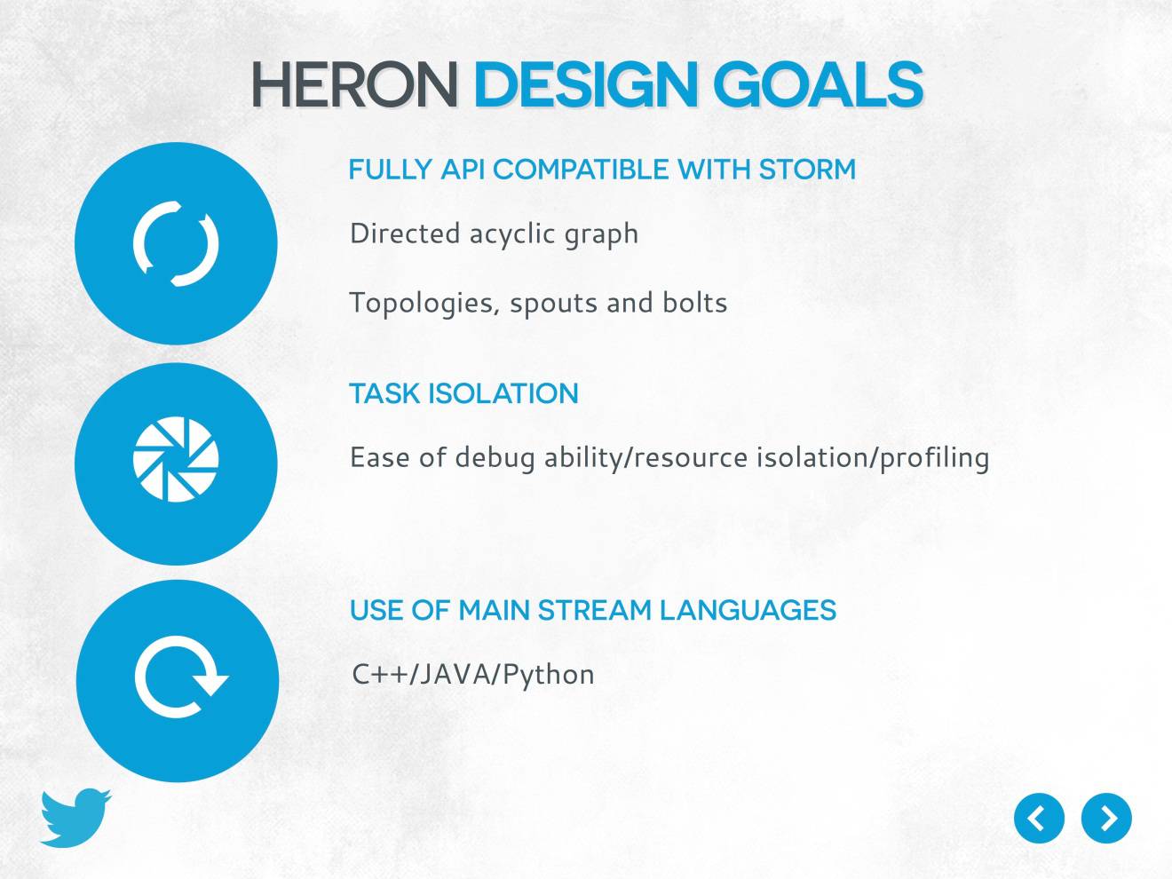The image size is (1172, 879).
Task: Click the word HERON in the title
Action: click(353, 85)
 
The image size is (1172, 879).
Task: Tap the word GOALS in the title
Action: click(818, 85)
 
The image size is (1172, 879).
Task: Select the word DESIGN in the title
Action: click(586, 85)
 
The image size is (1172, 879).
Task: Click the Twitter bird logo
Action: click(75, 817)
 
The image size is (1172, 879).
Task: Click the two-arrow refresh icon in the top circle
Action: click(176, 243)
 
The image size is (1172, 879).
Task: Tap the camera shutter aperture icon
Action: click(176, 459)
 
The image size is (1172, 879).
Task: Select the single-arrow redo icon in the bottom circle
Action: click(180, 678)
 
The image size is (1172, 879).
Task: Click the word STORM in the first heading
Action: click(807, 170)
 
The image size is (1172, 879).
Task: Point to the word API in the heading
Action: click(463, 170)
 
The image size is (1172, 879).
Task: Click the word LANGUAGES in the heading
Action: click(748, 610)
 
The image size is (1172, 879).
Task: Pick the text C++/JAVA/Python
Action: click(473, 675)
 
